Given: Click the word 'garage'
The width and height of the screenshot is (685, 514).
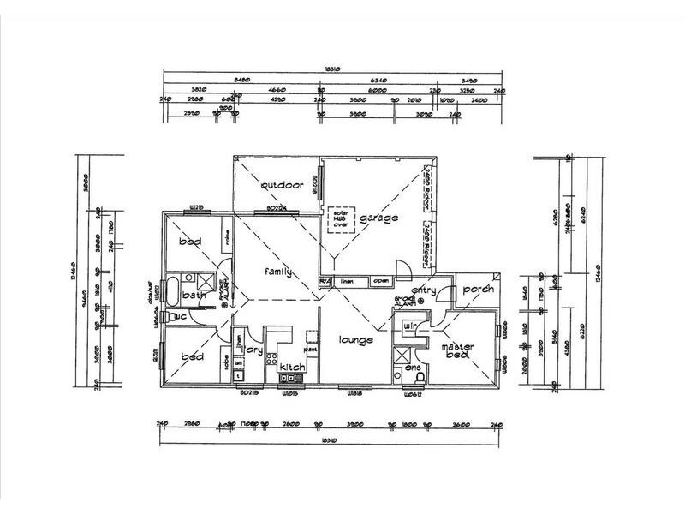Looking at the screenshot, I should coord(378,218).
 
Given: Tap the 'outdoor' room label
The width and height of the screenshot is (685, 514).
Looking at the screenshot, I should coord(283,185).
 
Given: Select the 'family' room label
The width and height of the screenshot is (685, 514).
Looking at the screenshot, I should coord(277,272).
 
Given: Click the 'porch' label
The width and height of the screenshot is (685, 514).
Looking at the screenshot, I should coord(478,290).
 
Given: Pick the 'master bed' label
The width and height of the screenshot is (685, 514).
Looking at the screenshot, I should coord(457,351).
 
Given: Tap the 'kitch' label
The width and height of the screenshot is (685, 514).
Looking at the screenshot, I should coord(292,368).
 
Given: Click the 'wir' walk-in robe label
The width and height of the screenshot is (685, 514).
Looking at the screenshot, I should coord(409,326).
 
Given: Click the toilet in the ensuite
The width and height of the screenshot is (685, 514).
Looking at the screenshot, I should coord(418,374).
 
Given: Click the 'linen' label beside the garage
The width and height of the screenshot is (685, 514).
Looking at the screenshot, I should coord(347,280).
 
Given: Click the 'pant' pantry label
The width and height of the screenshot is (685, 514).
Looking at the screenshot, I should coord(311,349).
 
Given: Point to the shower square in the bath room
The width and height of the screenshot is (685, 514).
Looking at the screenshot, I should coord(205,282).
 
